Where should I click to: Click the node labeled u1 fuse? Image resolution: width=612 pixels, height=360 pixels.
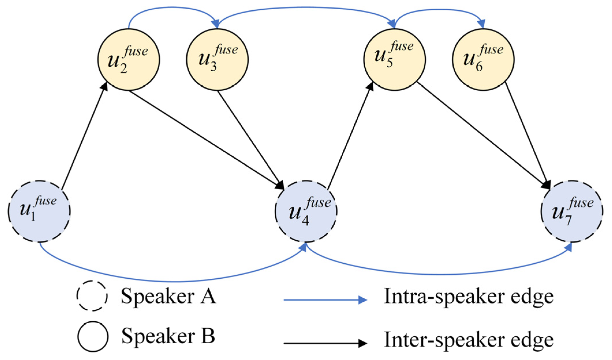click(x=39, y=211)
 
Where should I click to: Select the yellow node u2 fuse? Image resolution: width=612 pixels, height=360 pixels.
click(x=129, y=60)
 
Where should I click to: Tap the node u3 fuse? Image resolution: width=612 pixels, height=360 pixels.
click(x=217, y=60)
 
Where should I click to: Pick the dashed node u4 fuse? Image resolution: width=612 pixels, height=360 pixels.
click(x=306, y=211)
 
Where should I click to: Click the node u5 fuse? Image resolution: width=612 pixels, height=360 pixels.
click(x=394, y=60)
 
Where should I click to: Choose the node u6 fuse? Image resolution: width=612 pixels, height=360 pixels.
click(x=483, y=60)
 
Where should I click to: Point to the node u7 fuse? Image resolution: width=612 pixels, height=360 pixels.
click(x=572, y=211)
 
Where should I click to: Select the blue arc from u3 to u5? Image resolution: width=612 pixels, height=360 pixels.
click(x=306, y=8)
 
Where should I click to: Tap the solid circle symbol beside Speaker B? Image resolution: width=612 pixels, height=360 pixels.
click(x=93, y=337)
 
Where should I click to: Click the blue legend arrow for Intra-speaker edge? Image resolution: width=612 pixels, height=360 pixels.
click(x=325, y=300)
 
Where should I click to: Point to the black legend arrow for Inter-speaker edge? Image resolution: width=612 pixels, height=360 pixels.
click(x=325, y=343)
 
